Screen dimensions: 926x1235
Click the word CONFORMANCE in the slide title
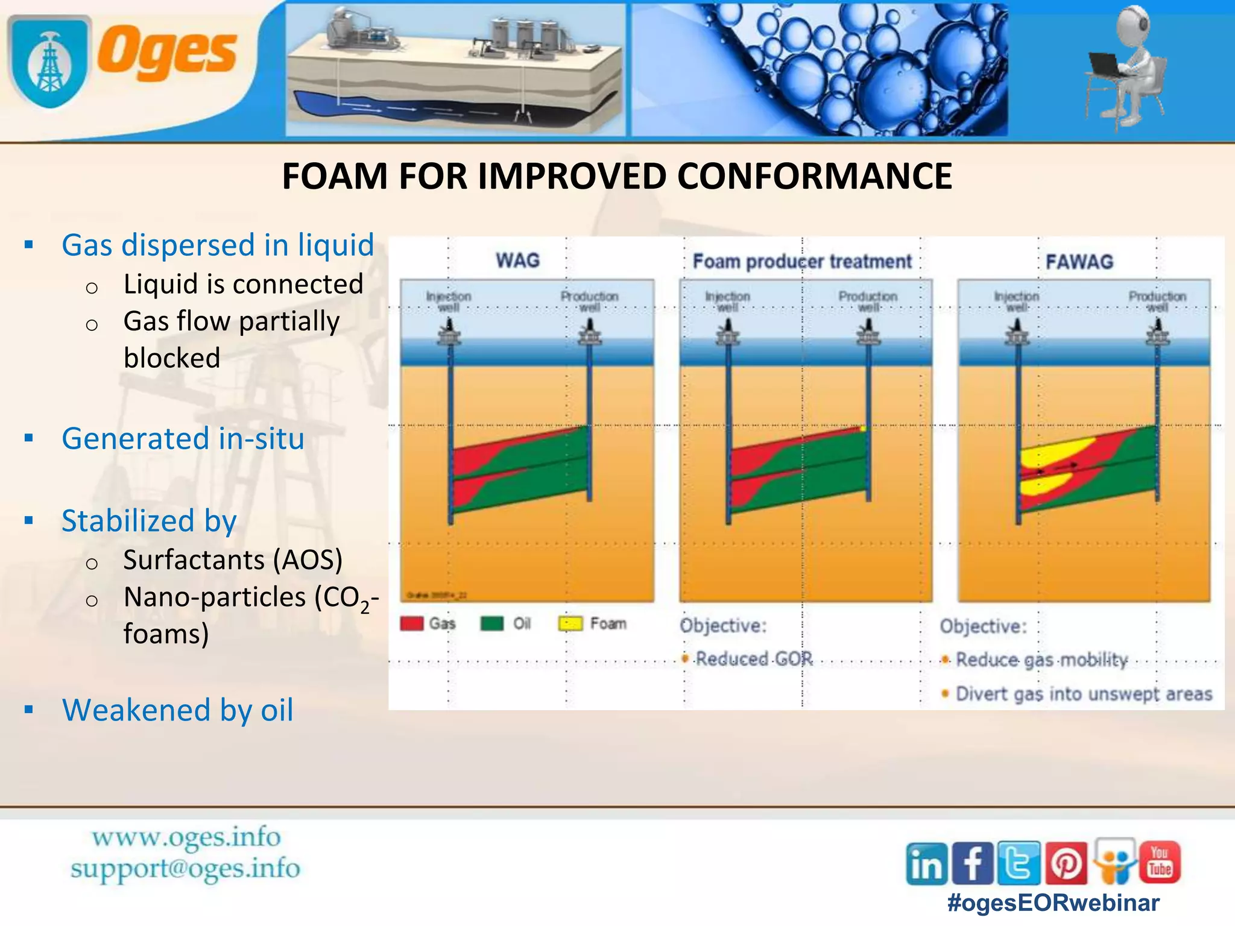tap(814, 177)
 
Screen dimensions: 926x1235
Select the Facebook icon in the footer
tap(972, 863)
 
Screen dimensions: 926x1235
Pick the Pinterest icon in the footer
tap(1066, 863)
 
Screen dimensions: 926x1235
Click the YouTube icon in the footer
tap(1160, 862)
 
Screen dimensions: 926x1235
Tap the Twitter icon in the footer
tap(1019, 863)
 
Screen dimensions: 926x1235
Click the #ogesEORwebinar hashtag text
tap(1053, 902)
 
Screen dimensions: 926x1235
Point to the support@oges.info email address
tap(185, 869)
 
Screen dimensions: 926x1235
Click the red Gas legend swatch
tap(412, 623)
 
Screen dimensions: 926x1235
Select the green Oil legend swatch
tap(492, 623)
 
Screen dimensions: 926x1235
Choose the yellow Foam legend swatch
tap(570, 623)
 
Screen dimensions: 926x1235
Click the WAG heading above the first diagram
tap(517, 260)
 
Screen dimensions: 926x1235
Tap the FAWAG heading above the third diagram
tap(1079, 262)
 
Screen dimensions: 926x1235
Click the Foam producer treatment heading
tap(802, 262)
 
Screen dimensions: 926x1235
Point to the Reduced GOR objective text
tap(754, 659)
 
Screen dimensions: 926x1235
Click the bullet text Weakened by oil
tap(177, 710)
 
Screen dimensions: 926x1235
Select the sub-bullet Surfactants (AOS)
tap(233, 560)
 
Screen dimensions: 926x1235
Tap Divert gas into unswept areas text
tap(1084, 694)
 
